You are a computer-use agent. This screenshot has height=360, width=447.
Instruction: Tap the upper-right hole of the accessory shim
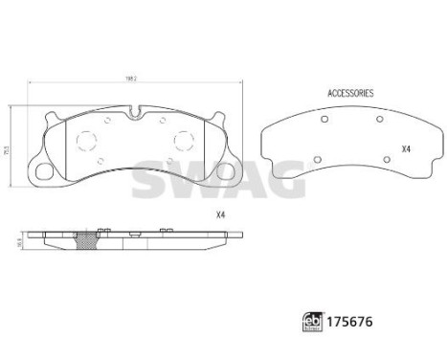pos(381,119)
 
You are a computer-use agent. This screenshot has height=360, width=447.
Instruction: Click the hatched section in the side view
pos(92,243)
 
